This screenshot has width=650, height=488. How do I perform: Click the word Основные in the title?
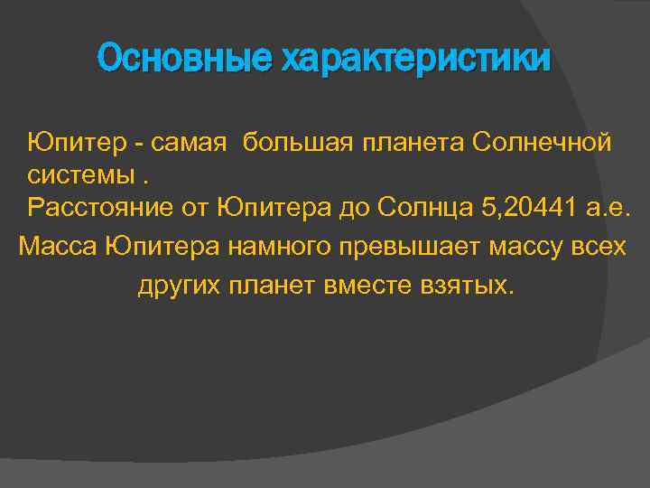[184, 60]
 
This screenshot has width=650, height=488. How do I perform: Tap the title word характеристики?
[415, 60]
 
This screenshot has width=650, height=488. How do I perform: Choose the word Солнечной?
[542, 142]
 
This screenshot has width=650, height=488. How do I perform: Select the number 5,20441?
[529, 209]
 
